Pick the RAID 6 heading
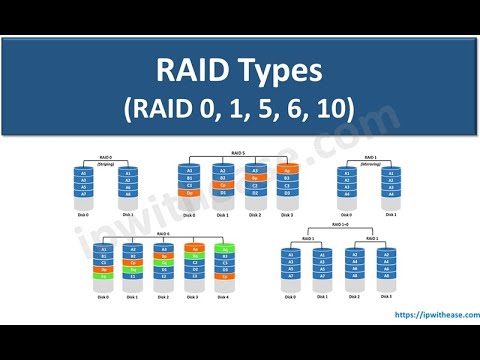pos(162,231)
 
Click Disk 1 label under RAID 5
pos(222,213)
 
